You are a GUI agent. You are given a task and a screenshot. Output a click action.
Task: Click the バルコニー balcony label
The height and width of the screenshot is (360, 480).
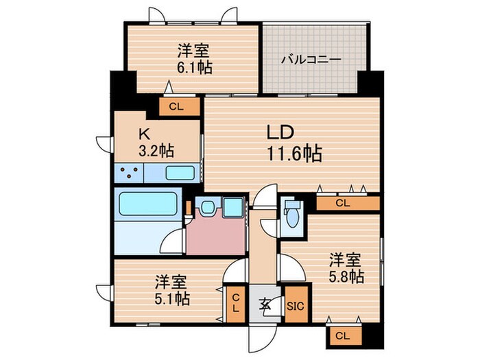coord(311,60)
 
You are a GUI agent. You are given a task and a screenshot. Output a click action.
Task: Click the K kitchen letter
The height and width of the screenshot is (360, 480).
coord(145,134)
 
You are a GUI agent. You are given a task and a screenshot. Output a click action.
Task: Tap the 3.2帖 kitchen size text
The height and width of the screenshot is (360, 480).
coord(156,152)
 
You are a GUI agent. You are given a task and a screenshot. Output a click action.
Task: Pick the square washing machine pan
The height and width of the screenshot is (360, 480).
coord(233,207)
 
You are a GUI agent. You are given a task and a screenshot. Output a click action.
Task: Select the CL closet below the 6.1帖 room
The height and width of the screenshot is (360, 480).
coord(176,106)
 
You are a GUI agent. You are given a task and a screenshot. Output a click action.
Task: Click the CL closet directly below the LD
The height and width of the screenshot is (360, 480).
coord(343,203)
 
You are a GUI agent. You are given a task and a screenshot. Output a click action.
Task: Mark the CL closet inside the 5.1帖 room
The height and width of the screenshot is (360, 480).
coord(235,303)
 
